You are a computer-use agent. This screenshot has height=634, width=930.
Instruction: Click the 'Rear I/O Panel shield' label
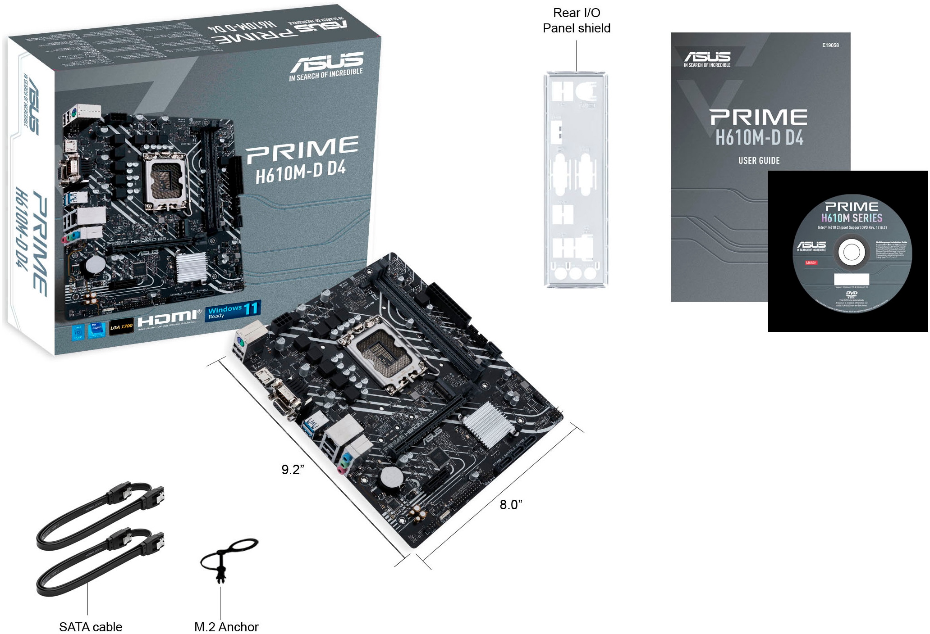click(576, 21)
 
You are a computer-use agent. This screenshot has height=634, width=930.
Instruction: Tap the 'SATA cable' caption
click(91, 626)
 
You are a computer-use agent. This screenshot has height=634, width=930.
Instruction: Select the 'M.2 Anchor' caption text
click(226, 626)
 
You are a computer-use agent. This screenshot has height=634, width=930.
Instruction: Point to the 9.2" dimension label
click(293, 470)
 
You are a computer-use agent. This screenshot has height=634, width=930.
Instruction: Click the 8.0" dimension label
click(511, 505)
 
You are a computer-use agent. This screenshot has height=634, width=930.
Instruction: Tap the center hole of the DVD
click(851, 252)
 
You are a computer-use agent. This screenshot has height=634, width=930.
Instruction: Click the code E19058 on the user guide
click(830, 45)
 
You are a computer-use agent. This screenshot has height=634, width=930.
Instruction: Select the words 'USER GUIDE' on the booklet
click(759, 160)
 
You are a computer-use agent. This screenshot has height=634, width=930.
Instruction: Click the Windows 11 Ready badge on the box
click(233, 311)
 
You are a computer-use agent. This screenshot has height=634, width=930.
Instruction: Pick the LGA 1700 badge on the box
click(121, 326)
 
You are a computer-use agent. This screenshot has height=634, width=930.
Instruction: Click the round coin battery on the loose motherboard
click(391, 478)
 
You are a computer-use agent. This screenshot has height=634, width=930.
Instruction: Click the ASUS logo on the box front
click(327, 62)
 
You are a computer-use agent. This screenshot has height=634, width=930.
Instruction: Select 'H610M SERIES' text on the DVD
click(851, 218)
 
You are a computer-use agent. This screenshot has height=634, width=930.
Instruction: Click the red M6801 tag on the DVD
click(811, 263)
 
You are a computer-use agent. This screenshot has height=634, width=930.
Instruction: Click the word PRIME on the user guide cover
click(759, 117)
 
